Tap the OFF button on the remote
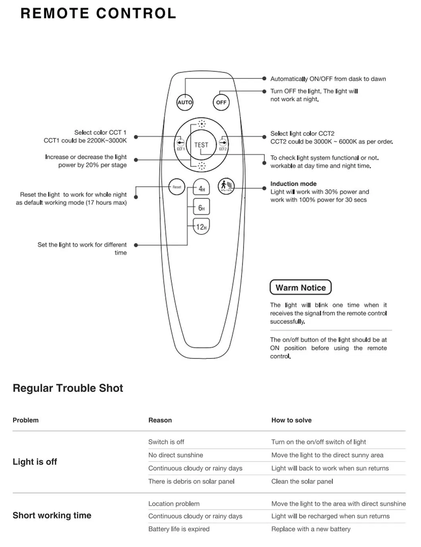click(221, 102)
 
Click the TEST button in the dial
click(201, 145)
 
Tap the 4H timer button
click(201, 188)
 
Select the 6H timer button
click(201, 208)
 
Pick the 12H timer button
click(201, 227)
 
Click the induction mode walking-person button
click(226, 186)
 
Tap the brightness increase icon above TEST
click(202, 123)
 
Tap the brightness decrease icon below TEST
click(202, 166)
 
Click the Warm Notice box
click(300, 287)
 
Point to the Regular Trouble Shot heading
click(68, 388)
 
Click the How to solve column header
click(291, 420)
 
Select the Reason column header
click(160, 420)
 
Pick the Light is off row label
click(35, 462)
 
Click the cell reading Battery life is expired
click(179, 529)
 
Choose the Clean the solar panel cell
click(302, 481)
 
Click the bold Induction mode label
click(294, 184)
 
